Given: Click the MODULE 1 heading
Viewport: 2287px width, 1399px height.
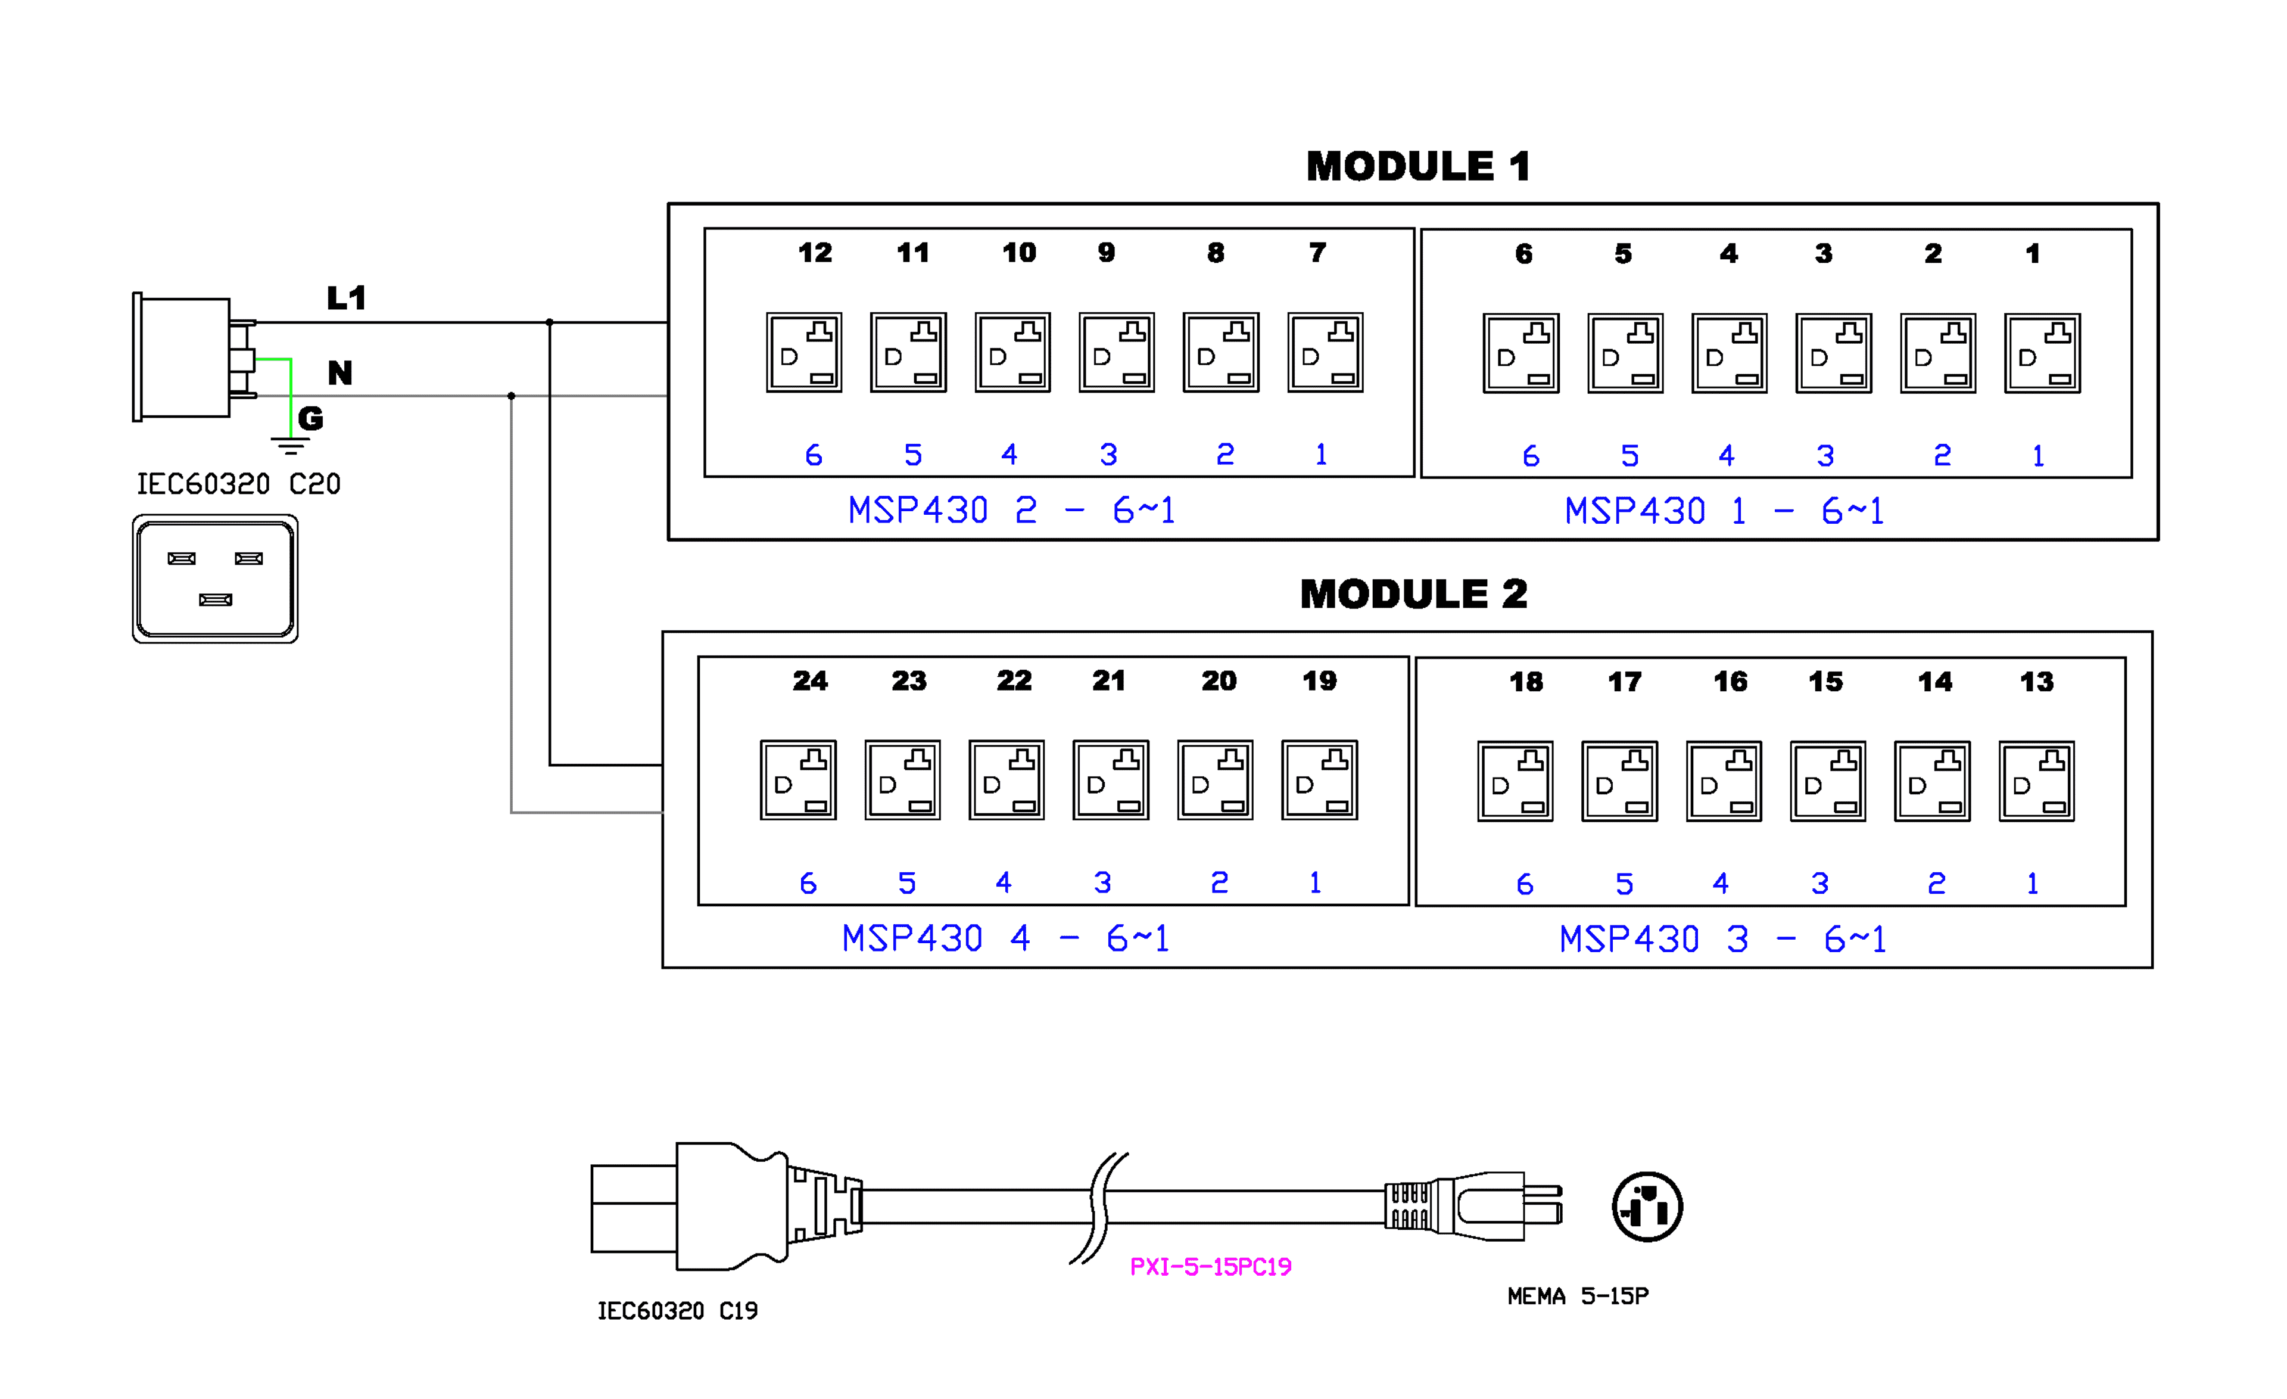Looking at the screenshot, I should pos(1417,167).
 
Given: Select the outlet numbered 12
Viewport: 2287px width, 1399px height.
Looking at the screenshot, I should pos(804,353).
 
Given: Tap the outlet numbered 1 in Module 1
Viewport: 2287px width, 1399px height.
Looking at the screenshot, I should pos(2042,354).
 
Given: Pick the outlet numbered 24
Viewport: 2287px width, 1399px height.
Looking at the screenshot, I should pos(798,780).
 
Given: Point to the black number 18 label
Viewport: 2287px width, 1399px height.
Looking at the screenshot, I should pos(1526,682).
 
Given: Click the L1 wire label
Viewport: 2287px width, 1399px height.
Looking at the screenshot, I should pos(346,298).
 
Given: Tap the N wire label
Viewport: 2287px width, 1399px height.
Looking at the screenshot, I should pos(339,373).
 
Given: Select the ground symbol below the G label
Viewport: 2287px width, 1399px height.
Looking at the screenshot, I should pos(291,446).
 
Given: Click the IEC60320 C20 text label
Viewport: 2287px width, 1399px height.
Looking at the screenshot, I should pos(239,484).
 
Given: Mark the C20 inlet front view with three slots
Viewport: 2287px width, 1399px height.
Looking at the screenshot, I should pos(216,579).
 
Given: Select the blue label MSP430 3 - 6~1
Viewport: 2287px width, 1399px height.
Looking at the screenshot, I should pos(1722,940).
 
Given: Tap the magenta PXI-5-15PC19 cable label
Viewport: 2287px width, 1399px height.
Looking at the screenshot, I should pos(1210,1266).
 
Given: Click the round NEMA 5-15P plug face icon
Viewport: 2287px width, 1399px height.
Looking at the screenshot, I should pos(1647,1207).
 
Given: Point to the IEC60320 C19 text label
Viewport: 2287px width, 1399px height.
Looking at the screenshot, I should pos(678,1311).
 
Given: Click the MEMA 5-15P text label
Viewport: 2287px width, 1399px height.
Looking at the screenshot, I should pos(1578,1296).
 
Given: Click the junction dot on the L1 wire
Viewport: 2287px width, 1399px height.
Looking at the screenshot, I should pos(550,323).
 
